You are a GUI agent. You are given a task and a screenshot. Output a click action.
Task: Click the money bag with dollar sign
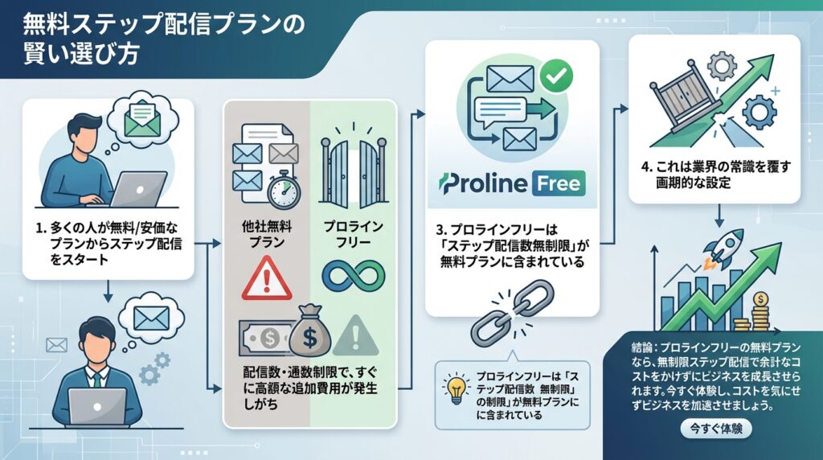[x=309, y=331]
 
